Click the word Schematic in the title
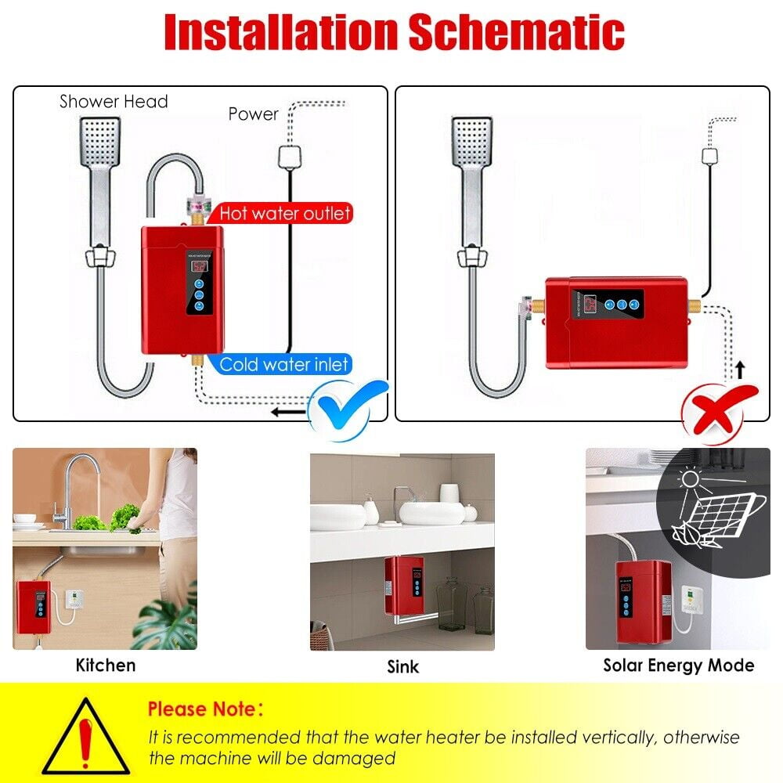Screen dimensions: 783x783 tap(516, 33)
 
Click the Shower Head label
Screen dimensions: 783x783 tap(114, 102)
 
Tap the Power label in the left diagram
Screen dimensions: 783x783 tap(253, 114)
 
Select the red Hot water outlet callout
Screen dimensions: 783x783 tap(284, 213)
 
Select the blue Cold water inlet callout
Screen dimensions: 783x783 tap(283, 364)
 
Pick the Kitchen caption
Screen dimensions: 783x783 tap(106, 666)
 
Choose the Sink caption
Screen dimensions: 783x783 tap(402, 667)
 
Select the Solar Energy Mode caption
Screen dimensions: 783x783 tap(678, 666)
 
